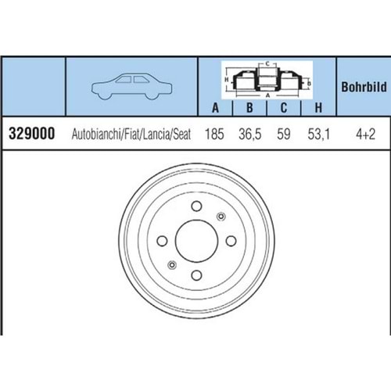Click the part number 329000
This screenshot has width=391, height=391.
pos(32,134)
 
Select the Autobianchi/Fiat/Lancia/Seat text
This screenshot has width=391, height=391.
pos(131,135)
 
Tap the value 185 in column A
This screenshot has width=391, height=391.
pos(214,134)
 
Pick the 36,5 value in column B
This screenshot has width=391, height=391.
pos(250,135)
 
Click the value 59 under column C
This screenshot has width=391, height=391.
pos(284,134)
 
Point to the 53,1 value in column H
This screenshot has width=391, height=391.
pos(319,135)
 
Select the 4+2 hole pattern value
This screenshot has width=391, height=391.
pos(366,135)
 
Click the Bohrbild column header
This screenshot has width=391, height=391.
pos(364,87)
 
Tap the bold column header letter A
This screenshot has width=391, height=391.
pos(215,107)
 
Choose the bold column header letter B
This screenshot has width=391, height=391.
pos(249,107)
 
